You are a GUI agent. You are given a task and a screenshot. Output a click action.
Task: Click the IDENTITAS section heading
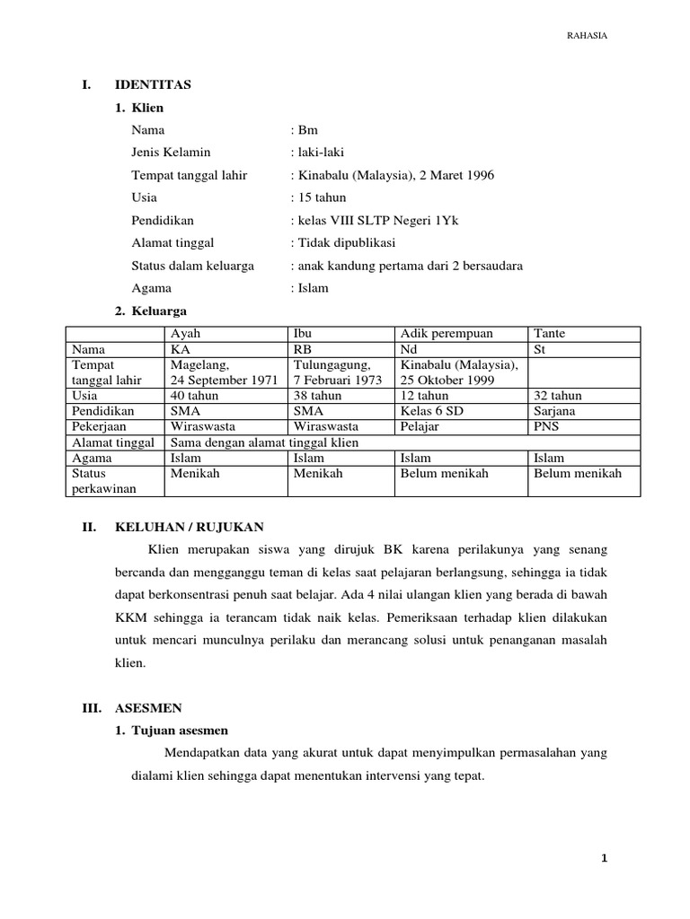(x=153, y=85)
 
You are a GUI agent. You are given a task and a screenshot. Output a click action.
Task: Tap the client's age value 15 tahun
(x=323, y=197)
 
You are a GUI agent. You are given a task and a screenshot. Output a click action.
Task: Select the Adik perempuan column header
(x=447, y=334)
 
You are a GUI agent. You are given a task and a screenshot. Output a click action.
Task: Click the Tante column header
(x=550, y=334)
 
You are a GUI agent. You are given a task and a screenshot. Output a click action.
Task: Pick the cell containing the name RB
(x=302, y=349)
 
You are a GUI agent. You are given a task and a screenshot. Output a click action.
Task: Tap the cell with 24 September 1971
(x=224, y=380)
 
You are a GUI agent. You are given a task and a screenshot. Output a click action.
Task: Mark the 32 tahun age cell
(x=557, y=396)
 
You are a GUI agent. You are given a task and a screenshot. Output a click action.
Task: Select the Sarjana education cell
(x=555, y=411)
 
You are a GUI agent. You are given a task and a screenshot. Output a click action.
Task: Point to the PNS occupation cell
(x=545, y=426)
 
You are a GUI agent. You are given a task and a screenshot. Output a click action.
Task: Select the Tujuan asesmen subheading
(x=180, y=731)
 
